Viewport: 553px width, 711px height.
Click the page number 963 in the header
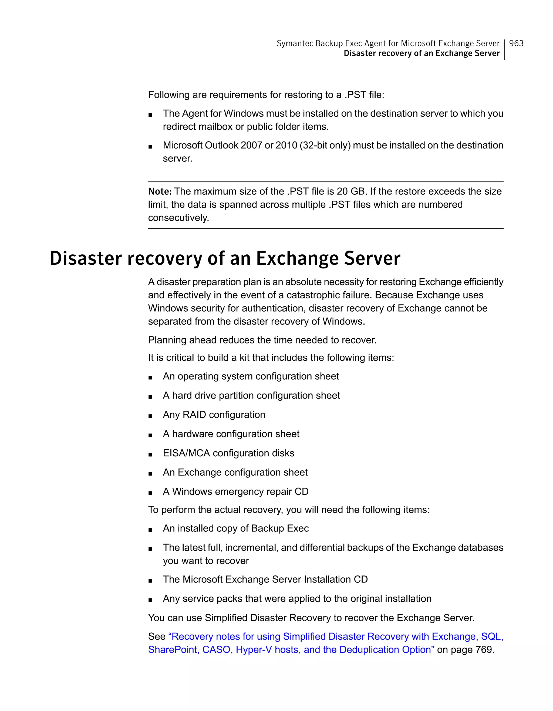(516, 43)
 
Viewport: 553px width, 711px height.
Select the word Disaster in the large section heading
(86, 258)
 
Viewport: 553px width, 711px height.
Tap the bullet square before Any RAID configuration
(150, 416)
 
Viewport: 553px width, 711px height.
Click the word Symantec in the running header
(295, 43)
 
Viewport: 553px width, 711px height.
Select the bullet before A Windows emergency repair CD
(150, 493)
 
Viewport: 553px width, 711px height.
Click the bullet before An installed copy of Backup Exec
(150, 530)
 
